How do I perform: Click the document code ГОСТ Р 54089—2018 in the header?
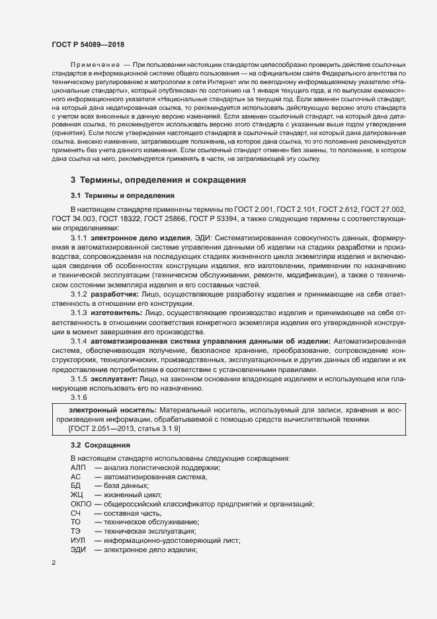pos(87,44)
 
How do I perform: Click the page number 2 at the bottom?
pos(54,563)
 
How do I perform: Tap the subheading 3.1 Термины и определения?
pos(122,195)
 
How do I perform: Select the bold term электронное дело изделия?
pos(139,236)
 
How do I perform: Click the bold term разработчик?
pos(114,292)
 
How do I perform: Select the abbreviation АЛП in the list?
pos(78,467)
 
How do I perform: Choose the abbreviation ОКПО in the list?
pos(81,504)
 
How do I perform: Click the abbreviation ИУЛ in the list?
pos(79,540)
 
